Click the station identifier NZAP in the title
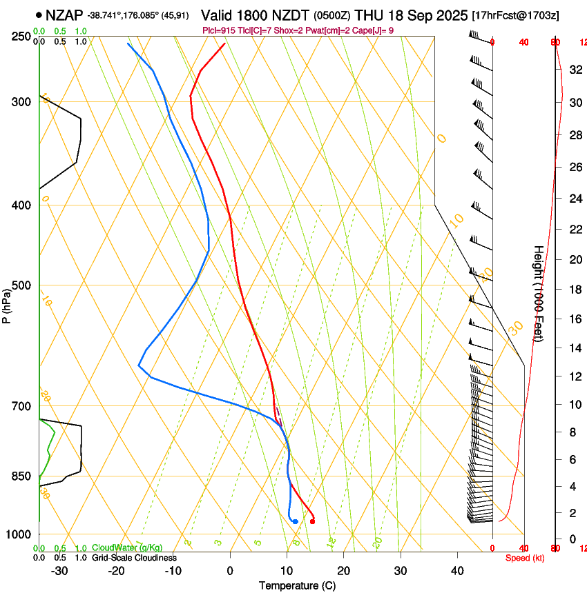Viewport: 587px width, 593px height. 64,15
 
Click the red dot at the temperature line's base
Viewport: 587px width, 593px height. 313,521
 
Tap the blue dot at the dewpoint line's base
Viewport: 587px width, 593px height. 295,521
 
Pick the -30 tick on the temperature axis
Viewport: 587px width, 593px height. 59,571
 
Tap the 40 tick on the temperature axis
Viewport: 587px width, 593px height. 457,571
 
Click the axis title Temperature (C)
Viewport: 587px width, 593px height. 297,585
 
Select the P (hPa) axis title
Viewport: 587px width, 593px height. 7,305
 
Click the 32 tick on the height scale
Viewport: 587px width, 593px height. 575,70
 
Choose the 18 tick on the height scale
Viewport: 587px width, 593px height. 575,290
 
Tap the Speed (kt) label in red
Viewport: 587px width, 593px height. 524,558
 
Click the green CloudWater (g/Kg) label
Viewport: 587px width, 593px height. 127,547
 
